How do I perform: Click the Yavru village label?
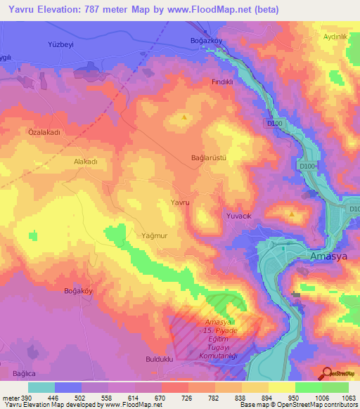(x=180, y=202)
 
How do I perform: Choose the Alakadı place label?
(x=85, y=161)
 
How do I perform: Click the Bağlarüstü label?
(x=209, y=158)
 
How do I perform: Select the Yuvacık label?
(x=238, y=216)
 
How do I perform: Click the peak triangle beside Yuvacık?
(x=292, y=213)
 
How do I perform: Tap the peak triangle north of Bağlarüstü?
(x=184, y=117)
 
